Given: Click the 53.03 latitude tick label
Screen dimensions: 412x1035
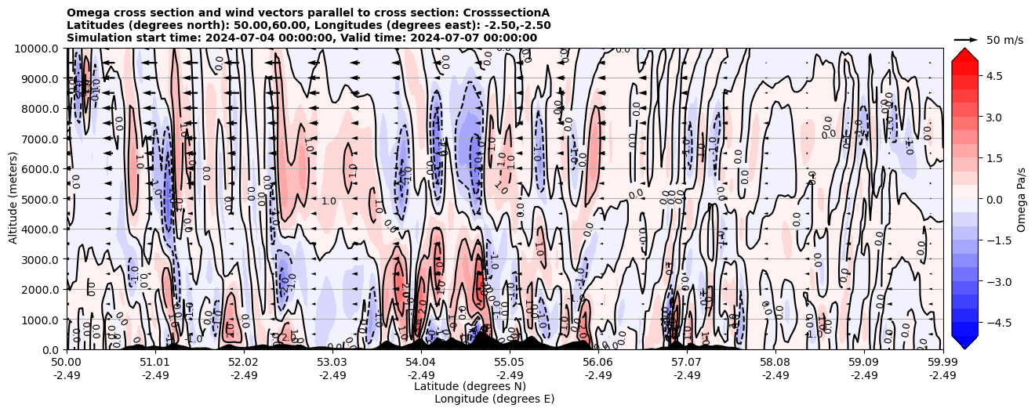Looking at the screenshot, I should pos(332,363).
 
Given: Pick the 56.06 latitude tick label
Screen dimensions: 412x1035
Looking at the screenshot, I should pos(598,363).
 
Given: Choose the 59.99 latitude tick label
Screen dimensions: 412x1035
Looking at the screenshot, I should pos(942,363).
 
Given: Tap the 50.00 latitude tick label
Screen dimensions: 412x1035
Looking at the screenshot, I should pos(67,363).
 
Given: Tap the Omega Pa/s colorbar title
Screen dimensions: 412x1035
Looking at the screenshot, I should pos(1022,199).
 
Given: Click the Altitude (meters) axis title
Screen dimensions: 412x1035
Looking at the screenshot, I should pos(13,199).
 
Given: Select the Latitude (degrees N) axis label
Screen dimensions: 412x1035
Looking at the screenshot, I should pos(470,386).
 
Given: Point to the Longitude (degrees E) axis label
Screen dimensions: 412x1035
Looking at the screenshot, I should pos(494,399).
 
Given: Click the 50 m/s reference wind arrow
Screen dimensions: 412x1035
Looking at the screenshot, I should pos(966,39).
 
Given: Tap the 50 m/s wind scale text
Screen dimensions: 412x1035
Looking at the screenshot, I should pos(1004,40).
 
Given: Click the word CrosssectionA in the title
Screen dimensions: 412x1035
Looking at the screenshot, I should pos(507,13).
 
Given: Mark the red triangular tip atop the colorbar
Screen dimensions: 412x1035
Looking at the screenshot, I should pos(964,53).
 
